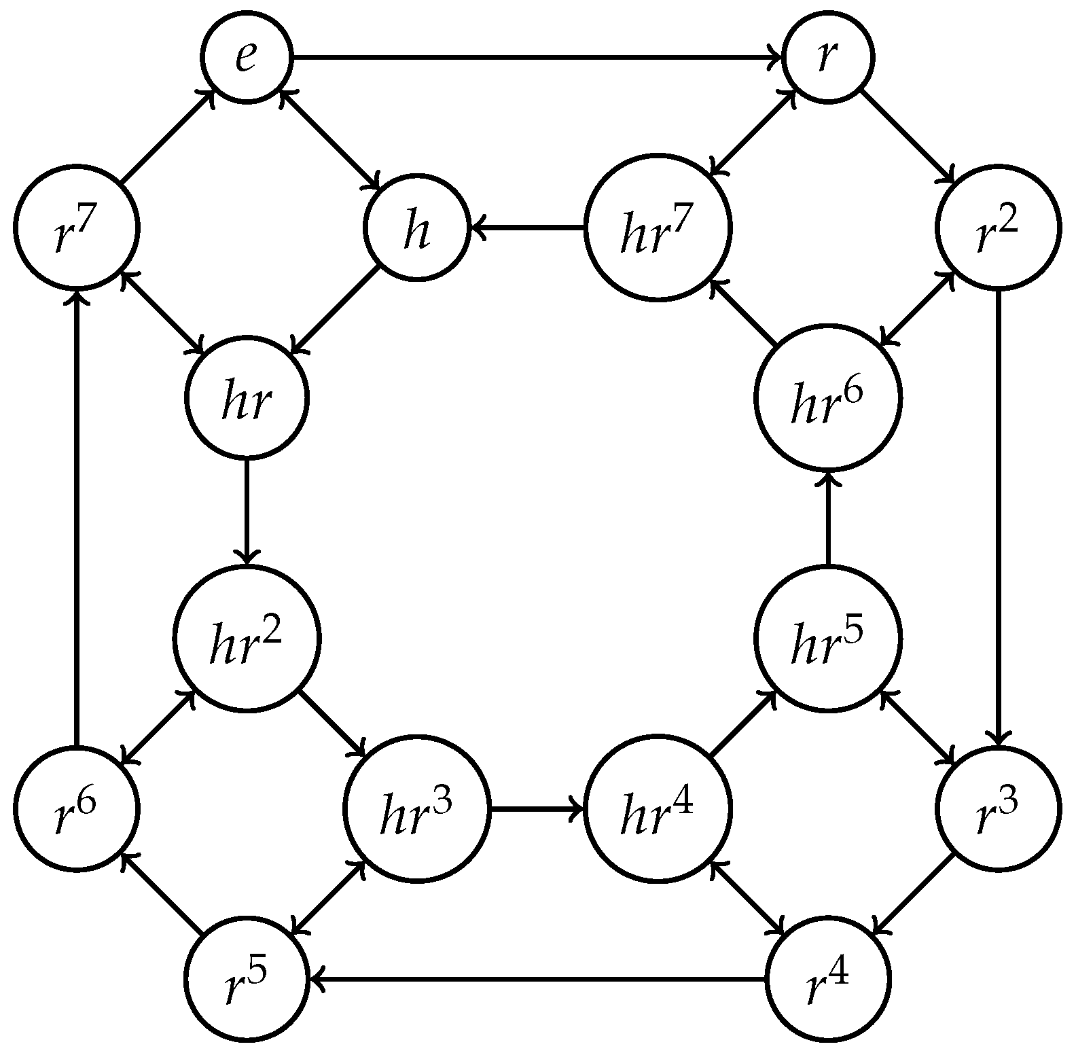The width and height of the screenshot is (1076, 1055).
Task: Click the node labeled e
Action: pyautogui.click(x=246, y=58)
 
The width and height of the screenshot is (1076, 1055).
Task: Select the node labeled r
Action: pyautogui.click(x=828, y=58)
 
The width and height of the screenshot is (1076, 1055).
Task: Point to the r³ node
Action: pyautogui.click(x=998, y=808)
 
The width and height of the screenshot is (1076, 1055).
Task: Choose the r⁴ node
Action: pyautogui.click(x=828, y=979)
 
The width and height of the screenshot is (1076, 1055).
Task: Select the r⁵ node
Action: pyautogui.click(x=246, y=979)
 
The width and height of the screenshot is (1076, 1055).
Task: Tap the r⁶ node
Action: pyautogui.click(x=77, y=808)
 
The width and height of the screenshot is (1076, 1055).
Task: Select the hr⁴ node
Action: pyautogui.click(x=658, y=808)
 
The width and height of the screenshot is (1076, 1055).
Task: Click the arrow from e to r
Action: pyautogui.click(x=537, y=58)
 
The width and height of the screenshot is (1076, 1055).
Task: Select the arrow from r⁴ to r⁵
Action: pyautogui.click(x=537, y=979)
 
